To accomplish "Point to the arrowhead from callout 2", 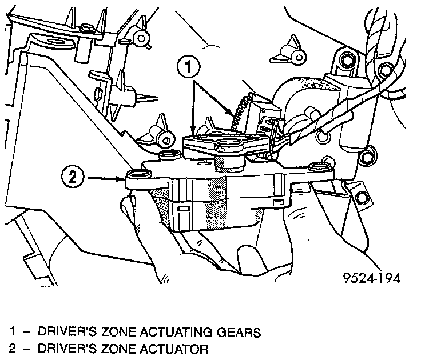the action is tap(121, 178).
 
